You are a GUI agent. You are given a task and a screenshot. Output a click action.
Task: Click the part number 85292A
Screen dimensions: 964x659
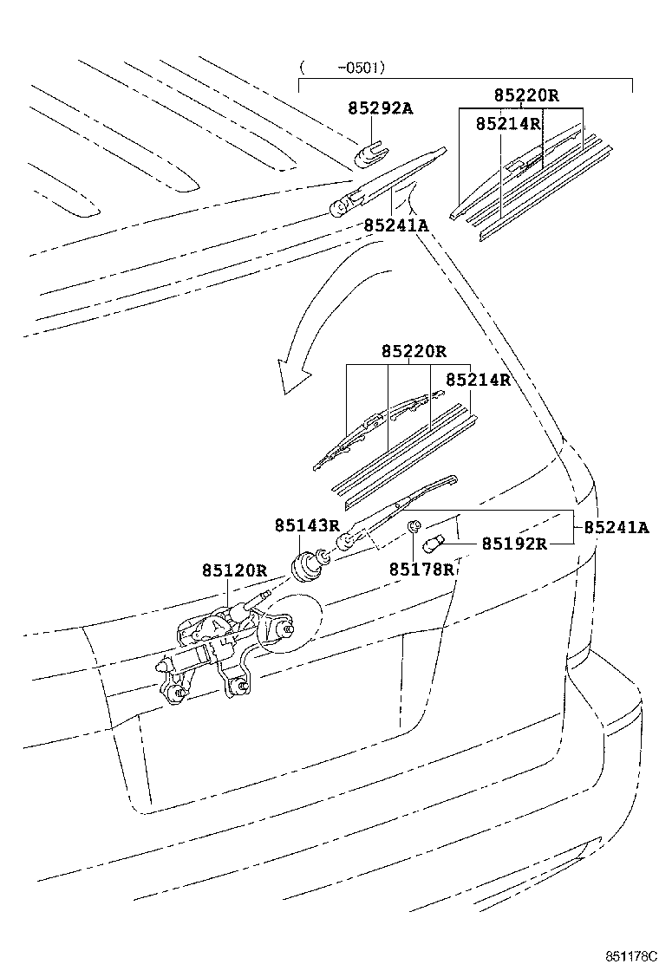click(380, 108)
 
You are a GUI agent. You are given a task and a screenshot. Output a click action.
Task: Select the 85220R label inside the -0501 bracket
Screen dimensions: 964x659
click(526, 95)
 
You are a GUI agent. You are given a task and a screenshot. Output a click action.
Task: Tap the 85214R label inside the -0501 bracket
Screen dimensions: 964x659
click(508, 124)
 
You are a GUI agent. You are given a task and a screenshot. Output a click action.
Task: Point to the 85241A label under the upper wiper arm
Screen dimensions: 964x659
click(396, 225)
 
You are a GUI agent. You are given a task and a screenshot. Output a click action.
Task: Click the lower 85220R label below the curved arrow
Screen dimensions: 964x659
click(413, 352)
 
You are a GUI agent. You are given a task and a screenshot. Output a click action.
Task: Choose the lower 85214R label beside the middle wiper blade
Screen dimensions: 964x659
click(478, 380)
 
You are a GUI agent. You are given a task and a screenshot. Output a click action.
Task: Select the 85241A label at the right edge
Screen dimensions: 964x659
click(616, 526)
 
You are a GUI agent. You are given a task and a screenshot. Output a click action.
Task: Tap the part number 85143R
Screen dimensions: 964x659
click(307, 525)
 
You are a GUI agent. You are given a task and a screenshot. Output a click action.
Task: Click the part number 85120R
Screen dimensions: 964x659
click(234, 570)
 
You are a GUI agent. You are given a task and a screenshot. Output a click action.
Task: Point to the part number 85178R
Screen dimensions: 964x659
click(421, 569)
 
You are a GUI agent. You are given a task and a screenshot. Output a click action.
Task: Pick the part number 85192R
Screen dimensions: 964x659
click(514, 544)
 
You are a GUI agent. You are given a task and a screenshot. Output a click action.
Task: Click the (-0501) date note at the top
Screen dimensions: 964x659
click(343, 67)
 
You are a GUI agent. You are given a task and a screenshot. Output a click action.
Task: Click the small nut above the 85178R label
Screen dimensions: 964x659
click(415, 525)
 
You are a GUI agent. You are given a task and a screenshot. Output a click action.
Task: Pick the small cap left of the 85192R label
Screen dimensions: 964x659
click(433, 544)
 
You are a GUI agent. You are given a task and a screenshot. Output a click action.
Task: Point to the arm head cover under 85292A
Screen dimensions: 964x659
click(370, 153)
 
